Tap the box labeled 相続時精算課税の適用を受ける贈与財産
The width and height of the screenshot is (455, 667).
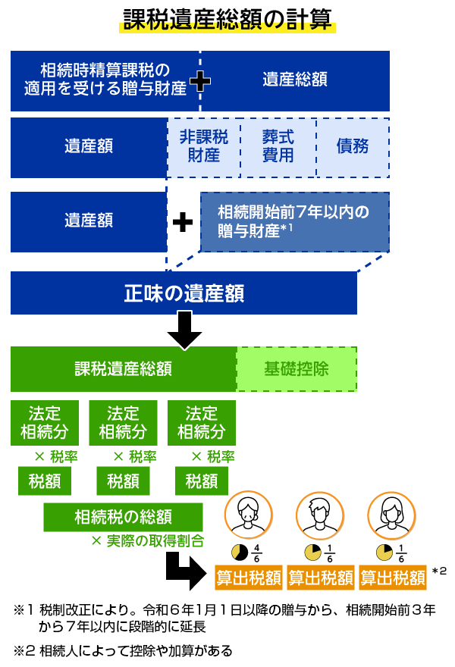pos(105,80)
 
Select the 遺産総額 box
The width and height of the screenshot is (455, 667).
pos(295,80)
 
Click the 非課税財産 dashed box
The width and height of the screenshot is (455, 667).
pos(203,147)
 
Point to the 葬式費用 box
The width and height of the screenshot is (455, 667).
pos(278,147)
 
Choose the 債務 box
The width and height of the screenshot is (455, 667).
pos(353,147)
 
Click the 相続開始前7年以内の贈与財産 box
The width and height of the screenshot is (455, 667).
pos(294,222)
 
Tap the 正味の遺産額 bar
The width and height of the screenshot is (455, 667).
pos(184,293)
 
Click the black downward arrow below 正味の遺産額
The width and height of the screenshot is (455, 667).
pos(184,327)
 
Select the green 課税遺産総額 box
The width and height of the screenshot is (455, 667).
pos(123,369)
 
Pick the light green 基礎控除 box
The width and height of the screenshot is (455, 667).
pos(297,369)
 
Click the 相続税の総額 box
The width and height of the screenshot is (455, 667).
pos(123,517)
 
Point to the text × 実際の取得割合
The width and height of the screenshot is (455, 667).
pos(146,541)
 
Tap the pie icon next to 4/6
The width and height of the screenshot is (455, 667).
pos(239,552)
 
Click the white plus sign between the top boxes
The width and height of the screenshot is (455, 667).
pos(199,81)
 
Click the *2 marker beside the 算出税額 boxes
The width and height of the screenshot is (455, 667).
pos(439,571)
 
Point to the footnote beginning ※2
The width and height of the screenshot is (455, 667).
pos(122,650)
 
